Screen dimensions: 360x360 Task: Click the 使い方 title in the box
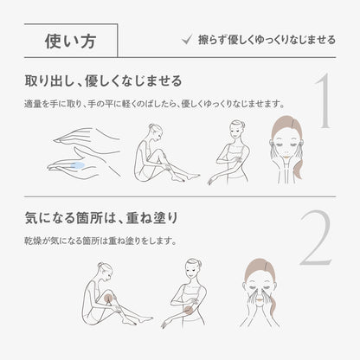70,41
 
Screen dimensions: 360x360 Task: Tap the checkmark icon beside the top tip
187,40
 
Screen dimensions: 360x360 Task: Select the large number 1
323,100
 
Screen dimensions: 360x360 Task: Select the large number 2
316,237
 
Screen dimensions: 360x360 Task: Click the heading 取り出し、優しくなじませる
103,81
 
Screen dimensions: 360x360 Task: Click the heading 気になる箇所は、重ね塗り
101,218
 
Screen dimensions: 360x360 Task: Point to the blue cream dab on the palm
77,165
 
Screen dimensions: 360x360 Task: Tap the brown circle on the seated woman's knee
109,297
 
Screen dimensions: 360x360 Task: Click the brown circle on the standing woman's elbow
189,311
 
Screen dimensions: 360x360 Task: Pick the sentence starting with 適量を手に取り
155,104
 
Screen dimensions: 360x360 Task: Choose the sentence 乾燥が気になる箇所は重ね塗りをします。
100,241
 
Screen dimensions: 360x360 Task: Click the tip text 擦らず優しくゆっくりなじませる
267,40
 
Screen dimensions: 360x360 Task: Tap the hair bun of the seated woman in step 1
151,127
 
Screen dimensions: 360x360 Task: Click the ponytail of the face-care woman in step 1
299,162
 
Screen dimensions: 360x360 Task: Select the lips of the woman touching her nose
260,300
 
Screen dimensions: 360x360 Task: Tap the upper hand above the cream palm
87,136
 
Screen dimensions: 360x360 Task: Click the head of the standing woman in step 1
236,130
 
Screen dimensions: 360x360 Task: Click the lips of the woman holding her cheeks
286,157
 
